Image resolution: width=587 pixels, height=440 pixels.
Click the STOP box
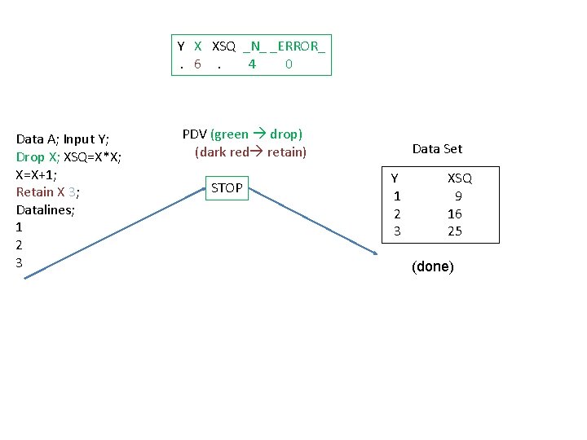point(227,188)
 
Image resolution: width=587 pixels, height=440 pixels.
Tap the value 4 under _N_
point(252,64)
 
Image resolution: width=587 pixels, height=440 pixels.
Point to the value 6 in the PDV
point(197,64)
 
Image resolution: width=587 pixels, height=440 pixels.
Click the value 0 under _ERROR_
point(289,64)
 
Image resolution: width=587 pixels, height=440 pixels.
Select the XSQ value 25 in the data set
point(455,231)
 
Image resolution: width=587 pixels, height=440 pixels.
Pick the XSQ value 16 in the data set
point(455,213)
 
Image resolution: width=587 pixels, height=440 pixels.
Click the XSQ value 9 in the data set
point(459,196)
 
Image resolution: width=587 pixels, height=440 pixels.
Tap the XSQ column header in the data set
point(459,178)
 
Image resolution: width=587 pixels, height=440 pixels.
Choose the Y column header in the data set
point(395,178)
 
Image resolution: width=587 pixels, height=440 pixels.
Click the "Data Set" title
point(437,148)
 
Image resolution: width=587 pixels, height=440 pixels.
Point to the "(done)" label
point(433,266)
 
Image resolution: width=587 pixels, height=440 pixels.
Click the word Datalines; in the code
point(46,209)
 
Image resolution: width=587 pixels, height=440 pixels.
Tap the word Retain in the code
point(34,192)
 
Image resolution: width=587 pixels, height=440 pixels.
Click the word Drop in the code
point(30,156)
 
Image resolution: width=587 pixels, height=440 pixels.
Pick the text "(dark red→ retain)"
point(250,152)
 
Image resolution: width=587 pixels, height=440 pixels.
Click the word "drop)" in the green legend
point(285,134)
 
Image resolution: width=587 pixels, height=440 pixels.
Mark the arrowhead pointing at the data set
point(376,254)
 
